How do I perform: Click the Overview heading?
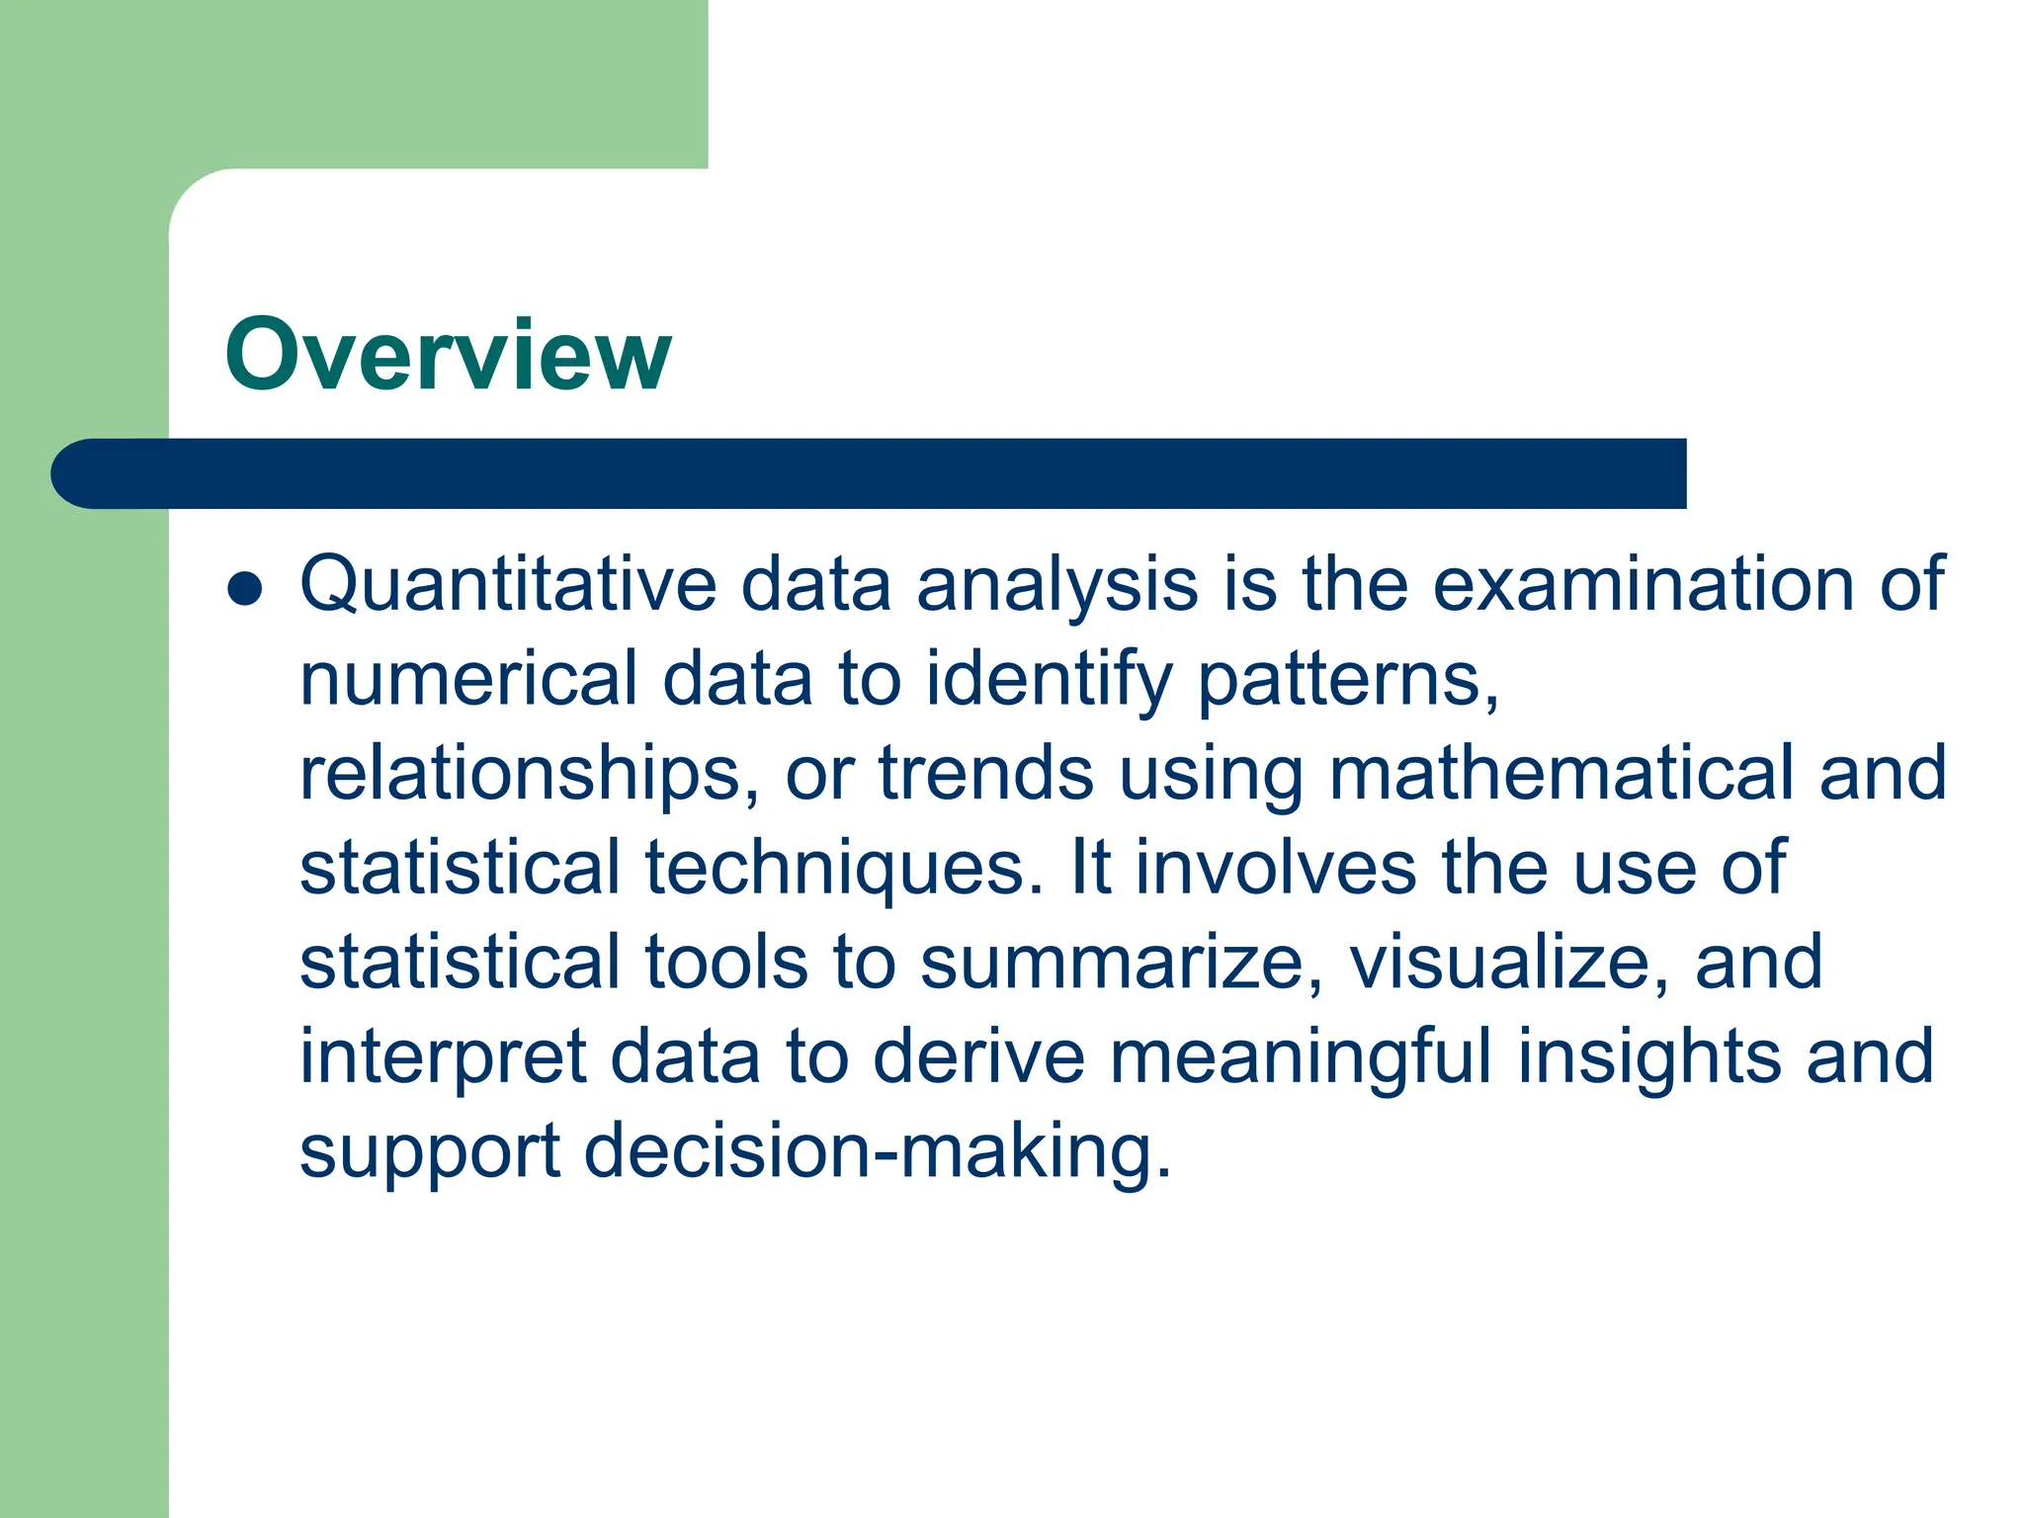(x=448, y=355)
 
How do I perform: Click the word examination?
(x=1643, y=584)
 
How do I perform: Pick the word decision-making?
(x=878, y=1151)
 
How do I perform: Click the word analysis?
(x=1057, y=586)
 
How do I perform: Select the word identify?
(x=1049, y=681)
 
